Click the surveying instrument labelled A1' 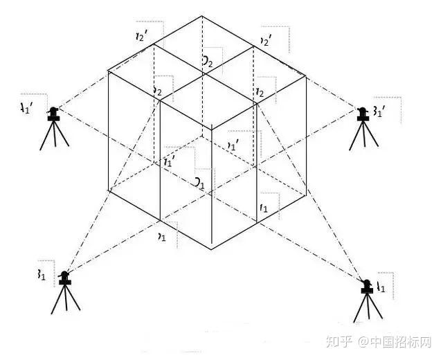[x=54, y=128]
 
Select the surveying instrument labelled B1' [x=362, y=127]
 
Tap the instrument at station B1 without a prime [x=64, y=294]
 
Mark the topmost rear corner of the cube [x=202, y=16]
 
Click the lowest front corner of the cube [x=210, y=248]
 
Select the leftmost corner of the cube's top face [x=108, y=71]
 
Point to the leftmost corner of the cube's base [x=108, y=190]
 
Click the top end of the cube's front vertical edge [x=210, y=128]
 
